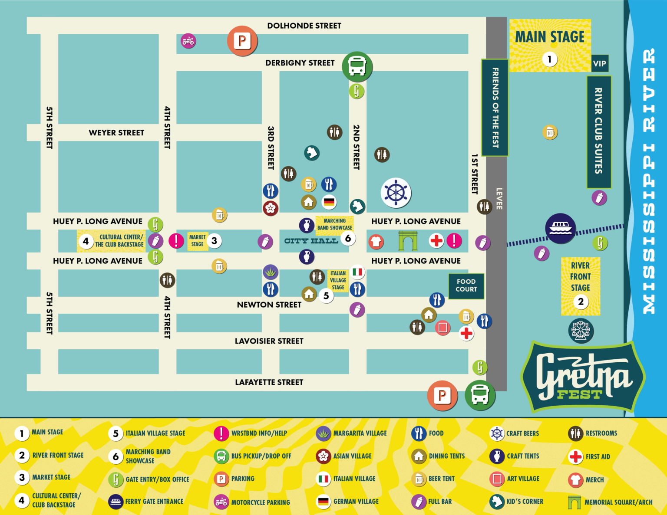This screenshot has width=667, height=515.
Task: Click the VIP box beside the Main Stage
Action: pyautogui.click(x=599, y=63)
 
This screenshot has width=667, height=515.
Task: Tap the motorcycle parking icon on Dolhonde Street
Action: pyautogui.click(x=188, y=41)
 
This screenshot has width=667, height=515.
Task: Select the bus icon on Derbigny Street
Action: pyautogui.click(x=357, y=66)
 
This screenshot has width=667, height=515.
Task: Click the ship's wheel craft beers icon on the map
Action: pyautogui.click(x=396, y=193)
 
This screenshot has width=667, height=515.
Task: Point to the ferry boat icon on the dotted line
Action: pyautogui.click(x=560, y=228)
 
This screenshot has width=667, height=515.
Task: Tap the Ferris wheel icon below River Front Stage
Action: pyautogui.click(x=581, y=331)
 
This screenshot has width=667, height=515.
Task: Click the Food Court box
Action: pyautogui.click(x=466, y=285)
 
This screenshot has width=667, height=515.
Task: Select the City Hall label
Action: pyautogui.click(x=311, y=241)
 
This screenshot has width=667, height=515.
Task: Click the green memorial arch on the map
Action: pyautogui.click(x=408, y=241)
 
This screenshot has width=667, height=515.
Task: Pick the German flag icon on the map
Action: pyautogui.click(x=329, y=202)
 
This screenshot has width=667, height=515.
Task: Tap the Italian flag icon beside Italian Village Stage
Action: pyautogui.click(x=357, y=272)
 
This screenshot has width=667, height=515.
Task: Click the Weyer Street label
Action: pyautogui.click(x=116, y=133)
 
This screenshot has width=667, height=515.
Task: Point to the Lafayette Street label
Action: pyautogui.click(x=269, y=382)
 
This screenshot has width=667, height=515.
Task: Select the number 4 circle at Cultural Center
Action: pyautogui.click(x=86, y=241)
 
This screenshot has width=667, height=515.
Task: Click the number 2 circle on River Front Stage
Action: pyautogui.click(x=581, y=302)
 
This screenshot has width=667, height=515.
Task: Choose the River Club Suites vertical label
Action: pyautogui.click(x=598, y=131)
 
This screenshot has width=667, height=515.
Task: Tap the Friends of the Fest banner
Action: pyautogui.click(x=495, y=107)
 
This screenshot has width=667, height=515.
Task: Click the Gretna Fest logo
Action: pyautogui.click(x=582, y=377)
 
